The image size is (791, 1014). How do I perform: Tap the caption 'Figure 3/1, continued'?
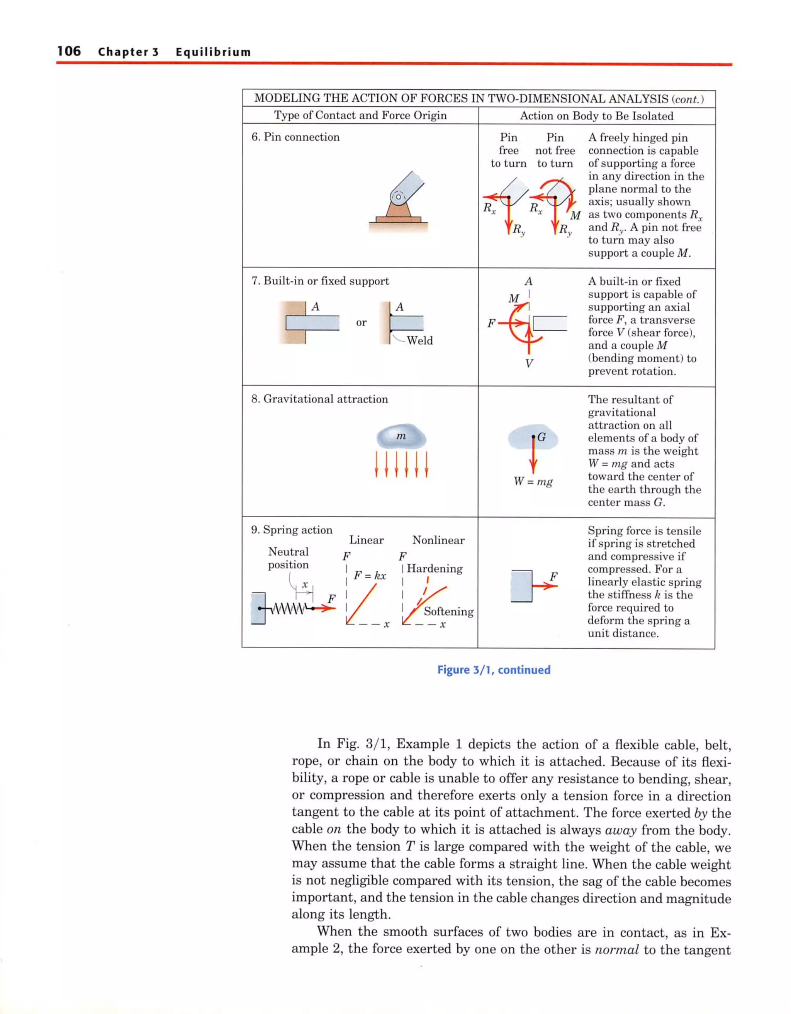494,670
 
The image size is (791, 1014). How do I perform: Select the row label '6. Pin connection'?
295,137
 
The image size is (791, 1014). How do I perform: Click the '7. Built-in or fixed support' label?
320,281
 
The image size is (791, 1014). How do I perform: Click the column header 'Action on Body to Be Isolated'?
596,116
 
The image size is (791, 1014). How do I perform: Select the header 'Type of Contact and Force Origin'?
360,115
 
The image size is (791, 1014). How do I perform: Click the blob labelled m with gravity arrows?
401,437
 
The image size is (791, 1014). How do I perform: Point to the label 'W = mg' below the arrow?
533,481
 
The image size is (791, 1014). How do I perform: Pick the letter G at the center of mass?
541,437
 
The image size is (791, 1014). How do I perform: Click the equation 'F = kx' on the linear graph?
370,576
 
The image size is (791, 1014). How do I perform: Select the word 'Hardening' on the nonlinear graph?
435,569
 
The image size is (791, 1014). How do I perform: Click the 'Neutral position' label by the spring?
288,558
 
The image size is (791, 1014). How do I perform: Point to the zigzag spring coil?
289,608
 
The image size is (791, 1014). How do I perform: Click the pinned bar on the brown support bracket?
406,190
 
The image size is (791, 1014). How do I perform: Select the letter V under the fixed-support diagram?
529,363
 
